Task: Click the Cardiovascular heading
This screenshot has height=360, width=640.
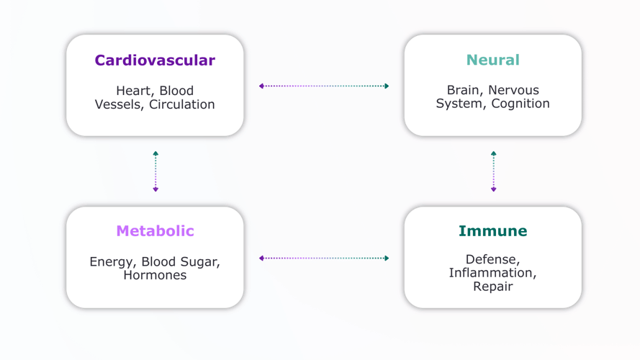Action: (155, 60)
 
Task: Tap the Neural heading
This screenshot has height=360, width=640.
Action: (492, 60)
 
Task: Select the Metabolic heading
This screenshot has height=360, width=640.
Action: (155, 231)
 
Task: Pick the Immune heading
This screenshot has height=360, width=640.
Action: (492, 231)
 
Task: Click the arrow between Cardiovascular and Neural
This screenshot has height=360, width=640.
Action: (324, 86)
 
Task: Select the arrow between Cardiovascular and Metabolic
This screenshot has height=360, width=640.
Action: (155, 171)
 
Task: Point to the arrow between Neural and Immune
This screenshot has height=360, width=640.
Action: (493, 171)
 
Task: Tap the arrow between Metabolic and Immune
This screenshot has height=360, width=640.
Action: (324, 258)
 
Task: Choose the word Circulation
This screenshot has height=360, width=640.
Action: (182, 104)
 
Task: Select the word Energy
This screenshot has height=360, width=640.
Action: (112, 261)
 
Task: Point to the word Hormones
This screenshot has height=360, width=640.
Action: (155, 275)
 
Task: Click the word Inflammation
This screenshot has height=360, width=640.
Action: (492, 273)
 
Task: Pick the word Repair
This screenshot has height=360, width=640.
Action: (492, 287)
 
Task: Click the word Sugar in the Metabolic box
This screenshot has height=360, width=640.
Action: (197, 261)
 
